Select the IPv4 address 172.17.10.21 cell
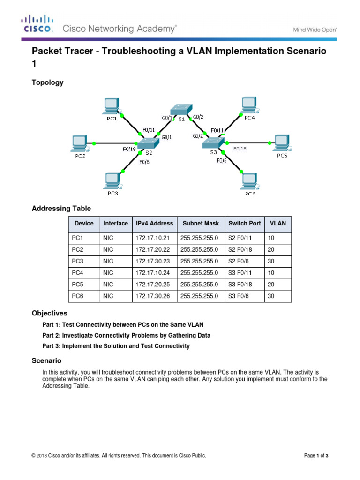(152, 239)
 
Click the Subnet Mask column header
(201, 224)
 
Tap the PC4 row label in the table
(78, 272)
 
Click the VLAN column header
(277, 224)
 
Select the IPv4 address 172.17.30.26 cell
(152, 295)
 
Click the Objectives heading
(49, 313)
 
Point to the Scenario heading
(46, 361)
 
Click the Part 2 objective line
(126, 336)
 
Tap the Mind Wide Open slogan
(315, 30)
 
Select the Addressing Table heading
(61, 208)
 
